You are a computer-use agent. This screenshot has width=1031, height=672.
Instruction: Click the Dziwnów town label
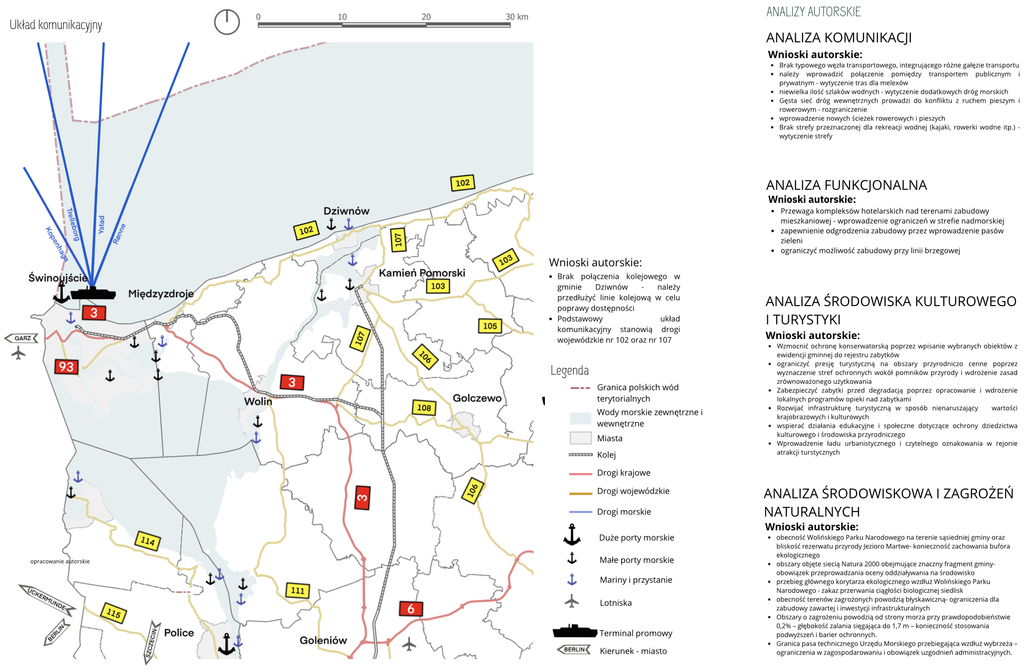click(346, 211)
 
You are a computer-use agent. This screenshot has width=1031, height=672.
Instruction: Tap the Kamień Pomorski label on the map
click(422, 273)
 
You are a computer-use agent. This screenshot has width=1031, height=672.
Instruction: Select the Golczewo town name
click(477, 398)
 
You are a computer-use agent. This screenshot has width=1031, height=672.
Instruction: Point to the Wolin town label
click(258, 401)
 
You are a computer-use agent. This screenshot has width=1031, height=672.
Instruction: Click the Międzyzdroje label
click(161, 294)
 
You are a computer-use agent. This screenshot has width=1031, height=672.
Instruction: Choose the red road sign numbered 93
click(66, 367)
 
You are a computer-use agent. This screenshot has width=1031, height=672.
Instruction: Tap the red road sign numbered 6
click(411, 609)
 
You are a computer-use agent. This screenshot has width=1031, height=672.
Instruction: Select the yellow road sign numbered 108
click(424, 408)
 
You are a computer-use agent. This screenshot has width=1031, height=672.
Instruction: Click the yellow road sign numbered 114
click(148, 541)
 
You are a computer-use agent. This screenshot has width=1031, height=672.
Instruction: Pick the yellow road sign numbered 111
click(298, 591)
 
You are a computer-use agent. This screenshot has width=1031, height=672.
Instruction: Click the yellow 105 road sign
click(490, 326)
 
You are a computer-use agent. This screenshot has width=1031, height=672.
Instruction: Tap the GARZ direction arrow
click(21, 338)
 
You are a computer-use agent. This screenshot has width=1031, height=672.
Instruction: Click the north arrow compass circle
click(227, 22)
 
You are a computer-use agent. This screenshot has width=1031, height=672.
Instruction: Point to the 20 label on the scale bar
click(426, 16)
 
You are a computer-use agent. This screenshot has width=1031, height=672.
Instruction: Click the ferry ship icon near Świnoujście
click(93, 293)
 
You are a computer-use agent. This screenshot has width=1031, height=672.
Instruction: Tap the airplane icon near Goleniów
click(409, 644)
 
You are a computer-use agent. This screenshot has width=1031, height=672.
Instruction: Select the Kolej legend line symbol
click(580, 455)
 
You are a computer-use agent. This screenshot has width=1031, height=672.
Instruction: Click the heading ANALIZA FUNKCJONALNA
click(846, 185)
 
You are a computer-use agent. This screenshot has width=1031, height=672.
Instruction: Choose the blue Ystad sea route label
click(101, 225)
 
